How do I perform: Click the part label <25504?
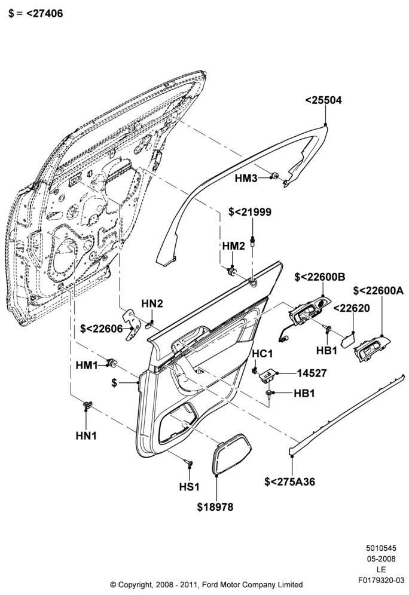(x=323, y=100)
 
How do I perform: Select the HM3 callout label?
(x=246, y=178)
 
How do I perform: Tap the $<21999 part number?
(x=250, y=211)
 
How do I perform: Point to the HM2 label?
(x=234, y=246)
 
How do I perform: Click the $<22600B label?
(x=320, y=277)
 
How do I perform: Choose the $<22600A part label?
(x=379, y=291)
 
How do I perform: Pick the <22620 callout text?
(x=351, y=308)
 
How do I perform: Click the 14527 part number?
(x=312, y=373)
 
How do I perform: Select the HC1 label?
(x=263, y=354)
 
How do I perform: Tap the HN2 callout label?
(x=152, y=303)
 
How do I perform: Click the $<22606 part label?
(x=102, y=329)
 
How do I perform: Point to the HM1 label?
(x=87, y=366)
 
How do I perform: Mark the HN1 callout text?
(x=86, y=435)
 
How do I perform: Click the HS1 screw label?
(x=189, y=486)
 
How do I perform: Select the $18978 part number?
(x=215, y=507)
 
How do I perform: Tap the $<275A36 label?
(x=290, y=481)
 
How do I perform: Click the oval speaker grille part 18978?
(x=231, y=453)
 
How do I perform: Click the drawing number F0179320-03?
(x=381, y=580)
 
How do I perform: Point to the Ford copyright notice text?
(x=206, y=584)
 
